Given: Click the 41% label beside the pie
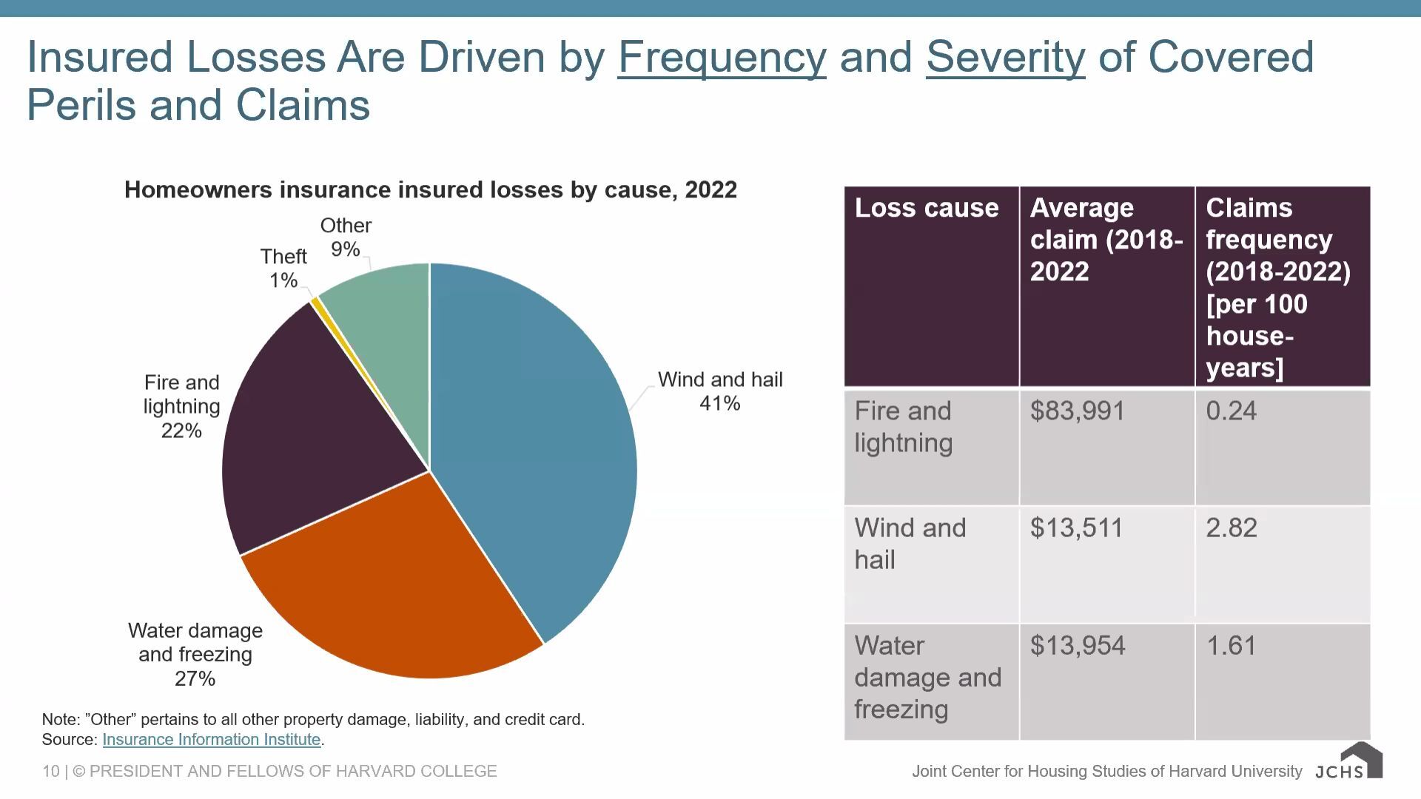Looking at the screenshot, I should [719, 403].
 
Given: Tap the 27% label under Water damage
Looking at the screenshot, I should [195, 678].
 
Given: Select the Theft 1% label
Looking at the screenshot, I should [283, 269].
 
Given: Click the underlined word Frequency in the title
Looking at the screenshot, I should [722, 57].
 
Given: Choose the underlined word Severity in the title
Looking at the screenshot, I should [1005, 57].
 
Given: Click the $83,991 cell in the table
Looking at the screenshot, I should [1078, 411].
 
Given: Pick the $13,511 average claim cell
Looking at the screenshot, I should [1076, 528].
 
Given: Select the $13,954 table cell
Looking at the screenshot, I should [1078, 646].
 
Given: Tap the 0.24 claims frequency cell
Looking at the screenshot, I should [1232, 411].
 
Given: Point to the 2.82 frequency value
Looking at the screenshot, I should [1232, 528].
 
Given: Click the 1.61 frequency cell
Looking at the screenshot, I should [1232, 646].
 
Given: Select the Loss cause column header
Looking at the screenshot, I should [927, 209].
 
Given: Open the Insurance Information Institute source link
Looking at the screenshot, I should [211, 740].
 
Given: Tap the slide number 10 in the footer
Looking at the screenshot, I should [50, 772].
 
